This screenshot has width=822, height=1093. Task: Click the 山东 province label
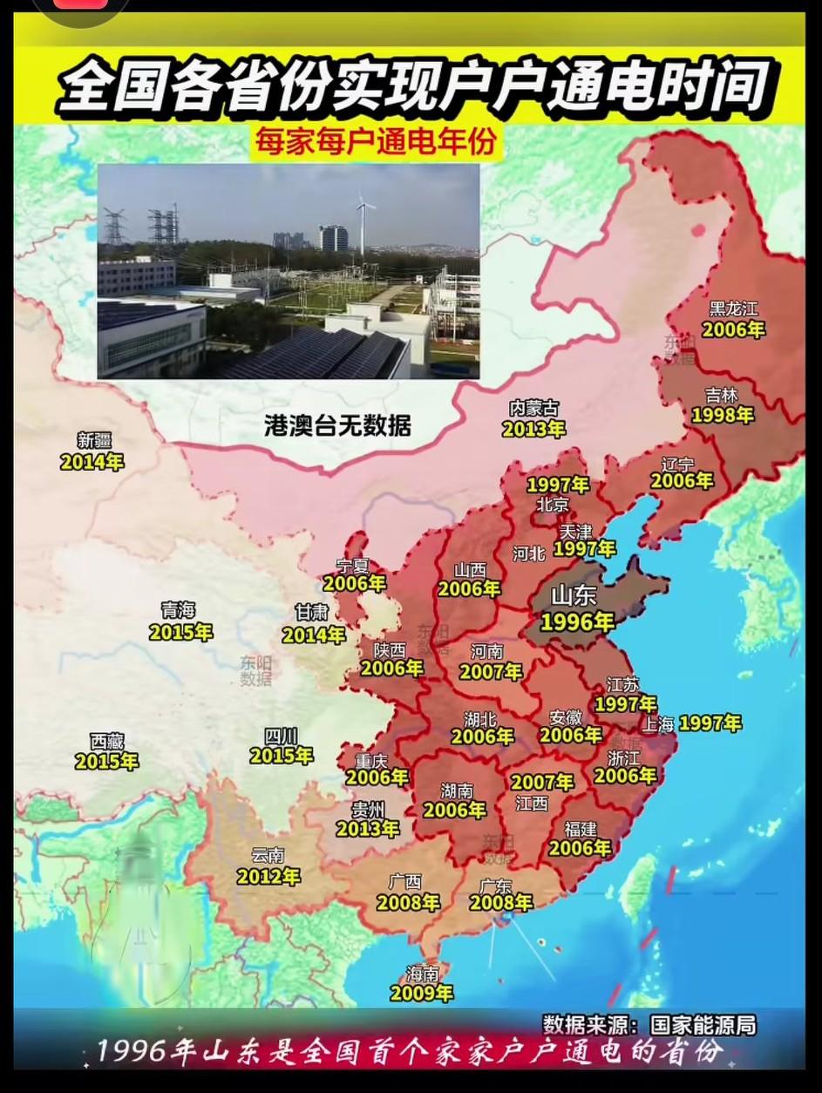pyautogui.click(x=574, y=596)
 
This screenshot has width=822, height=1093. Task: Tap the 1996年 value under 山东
pyautogui.click(x=577, y=621)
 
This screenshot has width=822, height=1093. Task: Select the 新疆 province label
pyautogui.click(x=94, y=441)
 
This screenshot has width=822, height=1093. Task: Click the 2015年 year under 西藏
pyautogui.click(x=106, y=761)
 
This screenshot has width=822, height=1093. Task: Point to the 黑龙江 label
pyautogui.click(x=733, y=309)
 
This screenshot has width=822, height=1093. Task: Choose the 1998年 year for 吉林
pyautogui.click(x=722, y=416)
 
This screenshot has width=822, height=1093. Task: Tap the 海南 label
pyautogui.click(x=422, y=973)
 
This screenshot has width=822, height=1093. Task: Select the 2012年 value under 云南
pyautogui.click(x=268, y=876)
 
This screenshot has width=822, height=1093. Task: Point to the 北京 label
pyautogui.click(x=553, y=504)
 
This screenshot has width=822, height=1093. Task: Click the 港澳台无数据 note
pyautogui.click(x=337, y=426)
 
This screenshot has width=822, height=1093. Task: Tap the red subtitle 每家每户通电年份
pyautogui.click(x=376, y=141)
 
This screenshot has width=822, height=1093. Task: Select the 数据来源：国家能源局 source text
pyautogui.click(x=649, y=1023)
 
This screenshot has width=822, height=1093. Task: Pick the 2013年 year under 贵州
pyautogui.click(x=367, y=829)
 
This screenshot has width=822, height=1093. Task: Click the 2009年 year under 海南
pyautogui.click(x=421, y=993)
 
